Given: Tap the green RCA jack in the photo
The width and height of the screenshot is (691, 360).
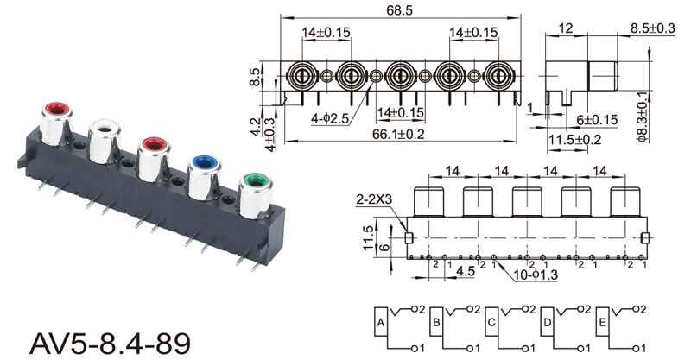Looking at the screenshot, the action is (x=255, y=195).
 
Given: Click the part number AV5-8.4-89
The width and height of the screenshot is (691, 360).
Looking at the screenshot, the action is (x=110, y=344).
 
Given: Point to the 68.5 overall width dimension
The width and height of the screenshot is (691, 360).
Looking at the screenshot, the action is (x=400, y=10).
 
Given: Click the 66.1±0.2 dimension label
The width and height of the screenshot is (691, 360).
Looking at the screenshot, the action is (x=398, y=134).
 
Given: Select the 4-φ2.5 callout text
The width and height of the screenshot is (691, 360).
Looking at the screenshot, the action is (x=330, y=118).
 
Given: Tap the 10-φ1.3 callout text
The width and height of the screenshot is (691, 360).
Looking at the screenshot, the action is (x=536, y=275).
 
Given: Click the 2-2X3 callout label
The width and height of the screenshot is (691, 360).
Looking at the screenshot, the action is (x=374, y=199).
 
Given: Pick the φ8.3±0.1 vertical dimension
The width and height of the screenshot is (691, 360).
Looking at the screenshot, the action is (x=643, y=117).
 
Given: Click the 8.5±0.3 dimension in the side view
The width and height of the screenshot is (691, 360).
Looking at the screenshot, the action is (x=652, y=28).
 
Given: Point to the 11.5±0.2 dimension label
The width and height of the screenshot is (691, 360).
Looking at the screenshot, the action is (x=574, y=140).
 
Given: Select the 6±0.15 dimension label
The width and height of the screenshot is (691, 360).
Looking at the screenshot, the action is (x=597, y=120).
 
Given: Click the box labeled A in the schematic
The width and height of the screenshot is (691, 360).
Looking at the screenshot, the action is (x=381, y=322).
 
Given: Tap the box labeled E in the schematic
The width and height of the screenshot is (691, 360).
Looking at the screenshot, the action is (x=602, y=322).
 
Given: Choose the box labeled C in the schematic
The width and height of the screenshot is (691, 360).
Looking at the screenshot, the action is (x=491, y=322).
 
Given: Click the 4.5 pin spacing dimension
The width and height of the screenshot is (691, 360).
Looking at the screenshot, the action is (x=466, y=271).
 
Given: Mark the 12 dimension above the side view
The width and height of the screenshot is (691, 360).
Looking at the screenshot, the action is (x=566, y=28).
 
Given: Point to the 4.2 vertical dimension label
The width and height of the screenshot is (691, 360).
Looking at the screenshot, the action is (x=256, y=126).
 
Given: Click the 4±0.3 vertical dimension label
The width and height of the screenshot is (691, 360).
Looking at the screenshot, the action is (x=269, y=135).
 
